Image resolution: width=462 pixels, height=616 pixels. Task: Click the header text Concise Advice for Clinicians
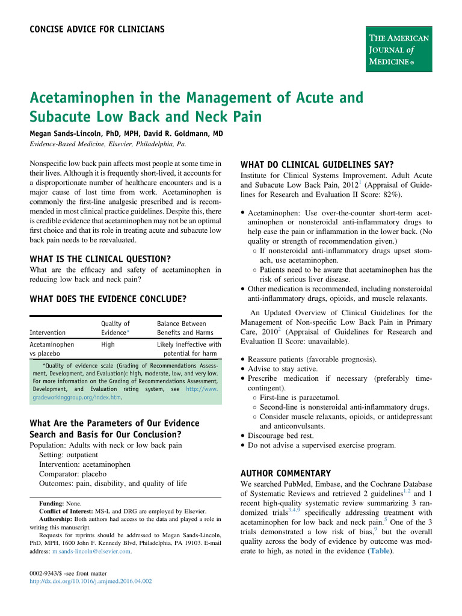pyautogui.click(x=97, y=29)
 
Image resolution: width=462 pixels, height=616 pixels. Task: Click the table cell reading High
pyautogui.click(x=108, y=345)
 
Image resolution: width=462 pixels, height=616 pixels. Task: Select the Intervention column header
pyautogui.click(x=49, y=332)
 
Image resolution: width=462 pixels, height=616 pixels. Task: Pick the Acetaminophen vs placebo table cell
pyautogui.click(x=52, y=350)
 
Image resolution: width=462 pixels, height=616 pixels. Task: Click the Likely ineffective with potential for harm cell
pyautogui.click(x=189, y=350)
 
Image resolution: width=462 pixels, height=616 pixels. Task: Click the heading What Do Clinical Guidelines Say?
pyautogui.click(x=316, y=165)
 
